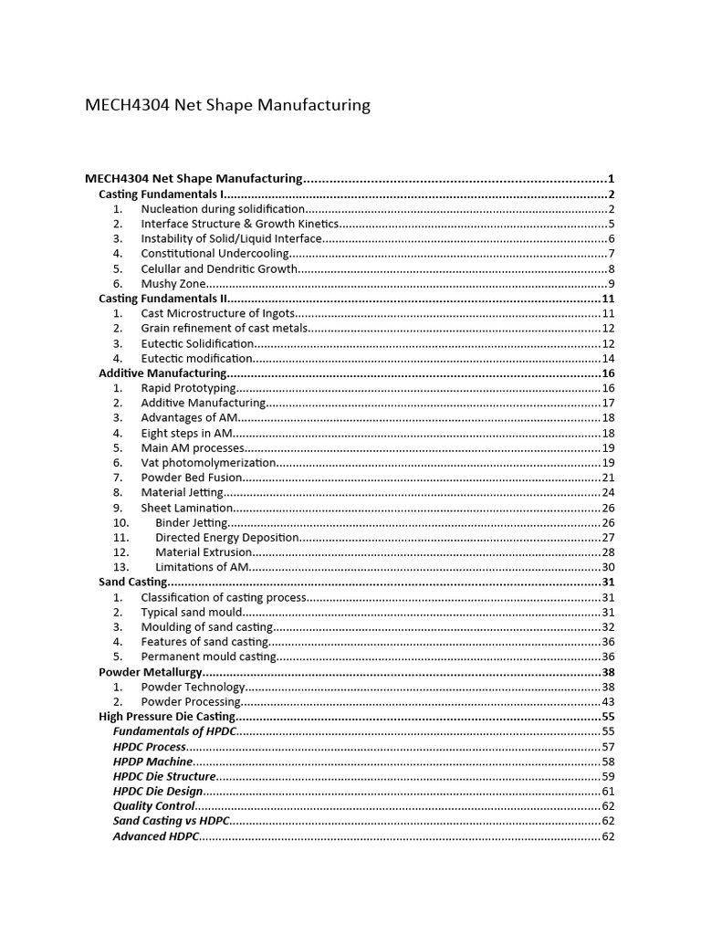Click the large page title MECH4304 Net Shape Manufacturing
coord(227,105)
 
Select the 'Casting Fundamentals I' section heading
coord(160,194)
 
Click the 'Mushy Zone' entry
coord(173,284)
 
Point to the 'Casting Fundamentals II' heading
coord(162,299)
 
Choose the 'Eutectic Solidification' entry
coord(196,343)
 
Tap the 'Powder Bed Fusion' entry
coord(192,478)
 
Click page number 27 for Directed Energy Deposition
coord(608,537)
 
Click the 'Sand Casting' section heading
coord(133,582)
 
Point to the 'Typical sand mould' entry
coord(192,612)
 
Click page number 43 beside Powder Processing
coord(608,701)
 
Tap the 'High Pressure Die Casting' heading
coord(167,717)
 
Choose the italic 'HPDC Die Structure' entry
coord(164,776)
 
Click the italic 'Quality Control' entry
coord(153,806)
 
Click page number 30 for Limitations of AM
coord(608,567)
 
